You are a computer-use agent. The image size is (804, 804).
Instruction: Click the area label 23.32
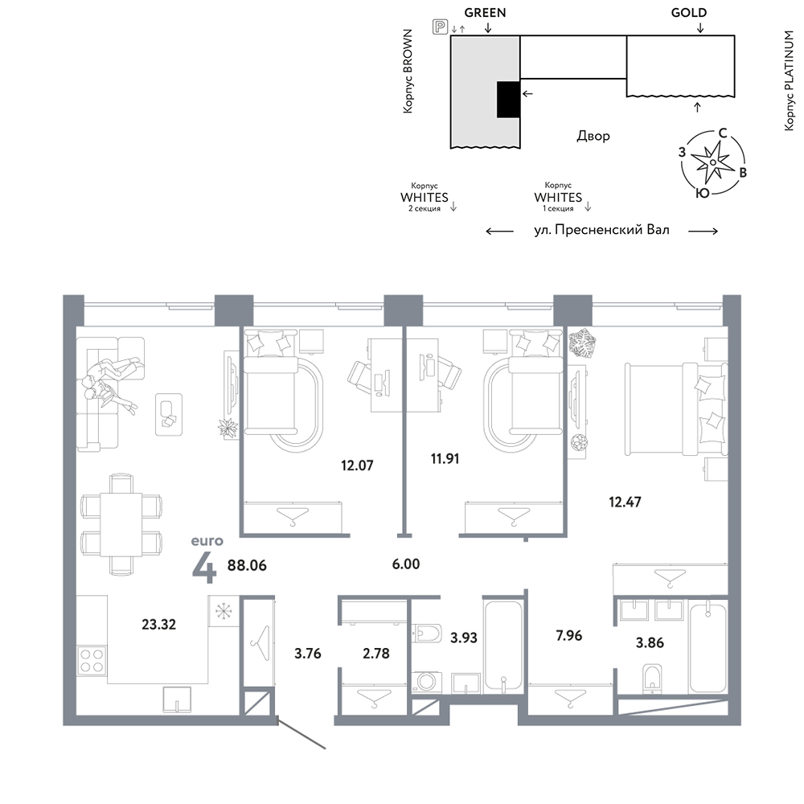coord(158,624)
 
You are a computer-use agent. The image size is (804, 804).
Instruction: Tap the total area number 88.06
coord(247,565)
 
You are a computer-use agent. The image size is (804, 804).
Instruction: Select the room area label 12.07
coord(357,466)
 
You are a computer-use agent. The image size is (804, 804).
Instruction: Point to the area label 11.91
coord(445,458)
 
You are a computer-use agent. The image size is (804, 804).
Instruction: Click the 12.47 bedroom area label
coord(625,502)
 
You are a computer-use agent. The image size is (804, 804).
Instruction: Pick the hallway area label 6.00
coord(405,564)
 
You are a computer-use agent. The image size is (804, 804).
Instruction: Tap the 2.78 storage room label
coord(375,653)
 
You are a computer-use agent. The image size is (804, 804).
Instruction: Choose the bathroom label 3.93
coord(464,638)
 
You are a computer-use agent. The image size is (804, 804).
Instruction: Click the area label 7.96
coord(568,635)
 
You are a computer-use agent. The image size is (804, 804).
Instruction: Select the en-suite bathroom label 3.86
coord(650,642)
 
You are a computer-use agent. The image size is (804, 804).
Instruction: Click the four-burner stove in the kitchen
coord(92,660)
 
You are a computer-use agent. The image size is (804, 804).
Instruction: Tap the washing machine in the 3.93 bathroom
coord(426,683)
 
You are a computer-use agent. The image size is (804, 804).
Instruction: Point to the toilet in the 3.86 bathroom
coord(652,678)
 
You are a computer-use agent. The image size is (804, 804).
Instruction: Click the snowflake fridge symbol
coord(224,611)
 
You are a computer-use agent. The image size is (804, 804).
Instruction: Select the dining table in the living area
coord(121,524)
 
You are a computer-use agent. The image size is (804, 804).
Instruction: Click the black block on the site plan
coord(509,100)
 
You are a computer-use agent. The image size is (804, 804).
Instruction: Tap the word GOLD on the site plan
coord(689,13)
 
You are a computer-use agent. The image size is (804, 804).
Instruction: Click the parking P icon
coord(440,27)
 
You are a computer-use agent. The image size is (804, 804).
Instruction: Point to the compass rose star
coord(712,162)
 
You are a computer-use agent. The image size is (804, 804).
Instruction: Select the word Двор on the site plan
coord(593,136)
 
